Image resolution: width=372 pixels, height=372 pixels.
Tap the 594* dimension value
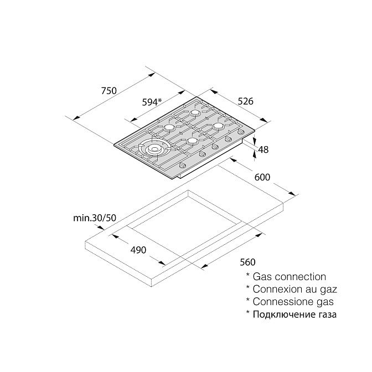pos(151,102)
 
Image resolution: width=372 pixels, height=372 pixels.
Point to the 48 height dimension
pos(263,149)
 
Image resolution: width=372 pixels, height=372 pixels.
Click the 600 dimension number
pos(262,178)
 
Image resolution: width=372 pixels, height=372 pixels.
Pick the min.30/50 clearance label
pos(95,218)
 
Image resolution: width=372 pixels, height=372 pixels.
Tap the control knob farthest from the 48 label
pos(182,166)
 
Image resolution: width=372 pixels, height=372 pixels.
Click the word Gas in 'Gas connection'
pos(262,276)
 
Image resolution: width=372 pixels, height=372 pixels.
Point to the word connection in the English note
pos(299,276)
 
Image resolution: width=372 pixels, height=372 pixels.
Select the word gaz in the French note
pos(327,289)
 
